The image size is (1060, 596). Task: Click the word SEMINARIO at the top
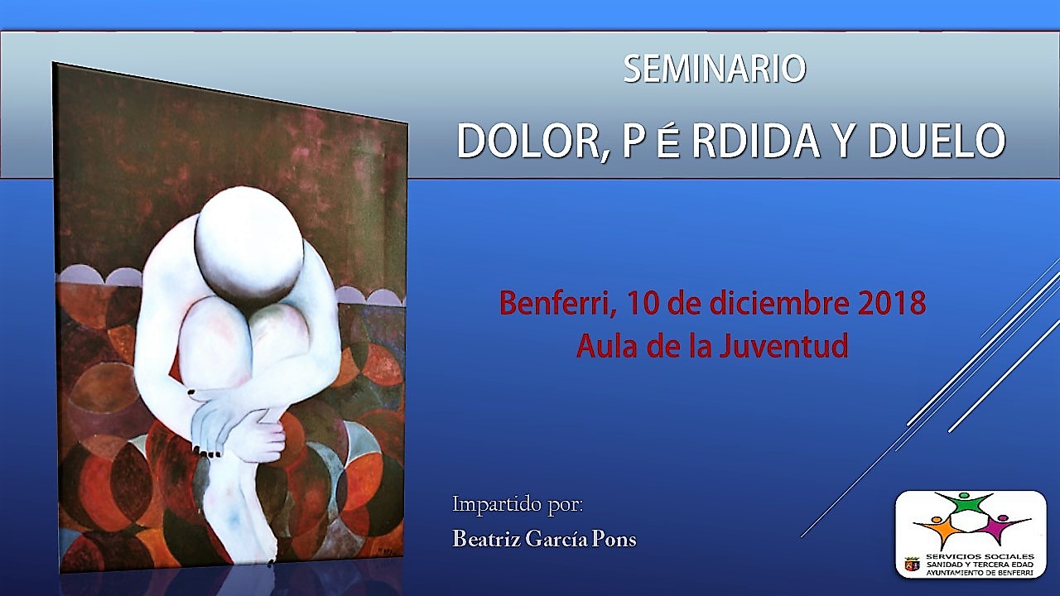coord(715,69)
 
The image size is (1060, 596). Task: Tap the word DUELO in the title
coord(937,141)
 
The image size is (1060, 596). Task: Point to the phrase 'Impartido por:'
coord(518,505)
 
